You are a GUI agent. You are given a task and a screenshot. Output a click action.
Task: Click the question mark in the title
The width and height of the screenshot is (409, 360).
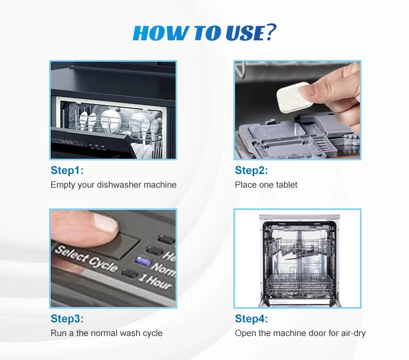(x=270, y=32)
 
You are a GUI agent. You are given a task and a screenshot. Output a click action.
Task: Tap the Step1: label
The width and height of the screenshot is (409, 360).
(x=67, y=170)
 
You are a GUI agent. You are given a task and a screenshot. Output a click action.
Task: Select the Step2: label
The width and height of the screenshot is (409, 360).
(x=251, y=170)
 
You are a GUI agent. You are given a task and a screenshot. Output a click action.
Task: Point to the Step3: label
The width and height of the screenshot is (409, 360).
(x=67, y=319)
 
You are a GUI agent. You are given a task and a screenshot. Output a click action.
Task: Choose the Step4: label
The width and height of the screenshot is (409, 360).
(x=251, y=319)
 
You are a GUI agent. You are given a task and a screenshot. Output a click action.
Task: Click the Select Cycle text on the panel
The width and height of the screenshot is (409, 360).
(x=86, y=258)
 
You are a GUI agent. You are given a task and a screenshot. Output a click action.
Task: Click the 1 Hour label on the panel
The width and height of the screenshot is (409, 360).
(x=155, y=281)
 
